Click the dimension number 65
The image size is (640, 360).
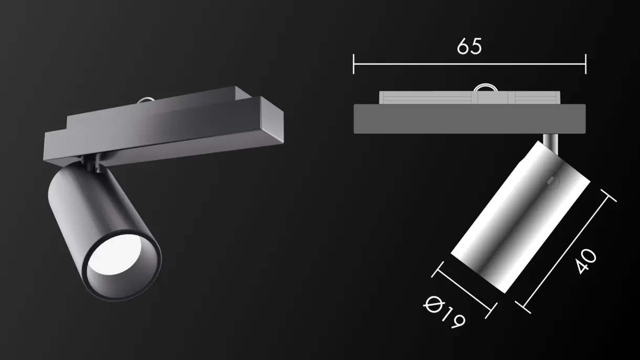pyautogui.click(x=469, y=47)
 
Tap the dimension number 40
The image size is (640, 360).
pyautogui.click(x=585, y=261)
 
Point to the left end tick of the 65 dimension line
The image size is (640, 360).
pyautogui.click(x=354, y=64)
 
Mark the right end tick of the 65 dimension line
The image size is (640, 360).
pyautogui.click(x=585, y=64)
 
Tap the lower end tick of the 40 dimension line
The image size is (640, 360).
pyautogui.click(x=520, y=303)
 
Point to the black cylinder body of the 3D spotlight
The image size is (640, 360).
pyautogui.click(x=89, y=210)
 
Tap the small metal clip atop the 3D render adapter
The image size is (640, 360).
pyautogui.click(x=145, y=99)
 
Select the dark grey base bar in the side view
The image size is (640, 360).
pyautogui.click(x=469, y=118)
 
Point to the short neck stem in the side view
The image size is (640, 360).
pyautogui.click(x=550, y=140)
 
